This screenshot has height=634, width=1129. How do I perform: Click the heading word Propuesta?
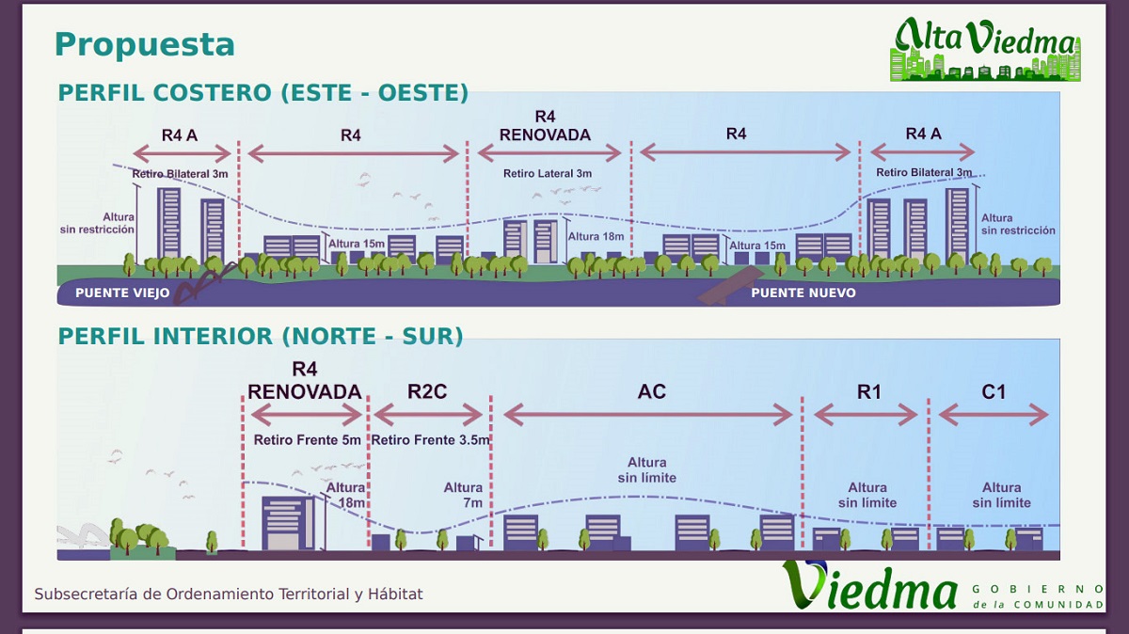144,44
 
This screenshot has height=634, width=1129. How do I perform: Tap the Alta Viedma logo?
985,49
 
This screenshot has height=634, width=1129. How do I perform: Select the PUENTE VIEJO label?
122,293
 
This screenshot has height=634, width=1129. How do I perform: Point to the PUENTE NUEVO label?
803,293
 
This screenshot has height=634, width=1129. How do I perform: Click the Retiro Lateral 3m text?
548,174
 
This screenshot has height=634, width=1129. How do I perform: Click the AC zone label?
651,391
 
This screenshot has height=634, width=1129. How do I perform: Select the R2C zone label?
427,391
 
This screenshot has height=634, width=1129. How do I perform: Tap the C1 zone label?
994,391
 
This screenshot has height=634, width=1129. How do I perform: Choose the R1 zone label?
868,391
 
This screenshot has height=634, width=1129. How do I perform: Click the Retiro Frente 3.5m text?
430,440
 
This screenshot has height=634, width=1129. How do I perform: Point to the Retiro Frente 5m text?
307,440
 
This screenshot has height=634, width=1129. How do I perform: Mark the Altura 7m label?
464,495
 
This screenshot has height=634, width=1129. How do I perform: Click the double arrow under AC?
649,414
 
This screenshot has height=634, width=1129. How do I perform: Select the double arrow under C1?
994,414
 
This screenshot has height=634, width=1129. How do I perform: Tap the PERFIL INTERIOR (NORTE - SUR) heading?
261,336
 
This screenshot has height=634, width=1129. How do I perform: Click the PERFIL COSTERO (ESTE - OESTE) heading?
263,93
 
